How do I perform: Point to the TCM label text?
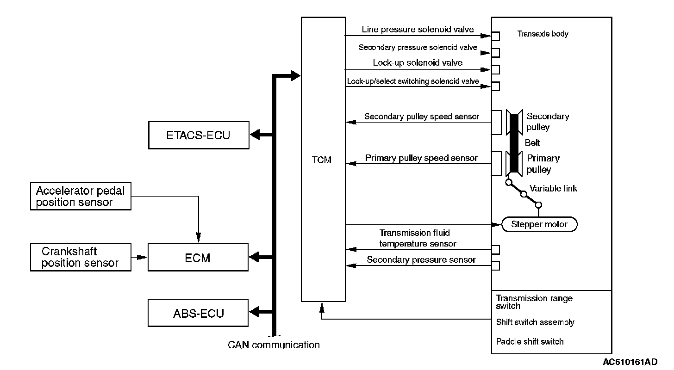[321, 160]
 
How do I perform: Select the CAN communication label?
[274, 345]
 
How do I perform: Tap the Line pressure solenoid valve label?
[418, 29]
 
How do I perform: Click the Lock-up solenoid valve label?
[418, 62]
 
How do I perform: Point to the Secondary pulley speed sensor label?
[422, 117]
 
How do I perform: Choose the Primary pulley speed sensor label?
[421, 158]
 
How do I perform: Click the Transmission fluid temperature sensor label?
[418, 238]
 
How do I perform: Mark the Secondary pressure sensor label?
[421, 259]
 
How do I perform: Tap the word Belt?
[532, 143]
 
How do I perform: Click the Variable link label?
[553, 188]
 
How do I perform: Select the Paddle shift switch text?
[530, 341]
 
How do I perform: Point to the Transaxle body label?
[543, 34]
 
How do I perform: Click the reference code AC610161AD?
[630, 362]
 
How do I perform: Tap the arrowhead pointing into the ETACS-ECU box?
[255, 135]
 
